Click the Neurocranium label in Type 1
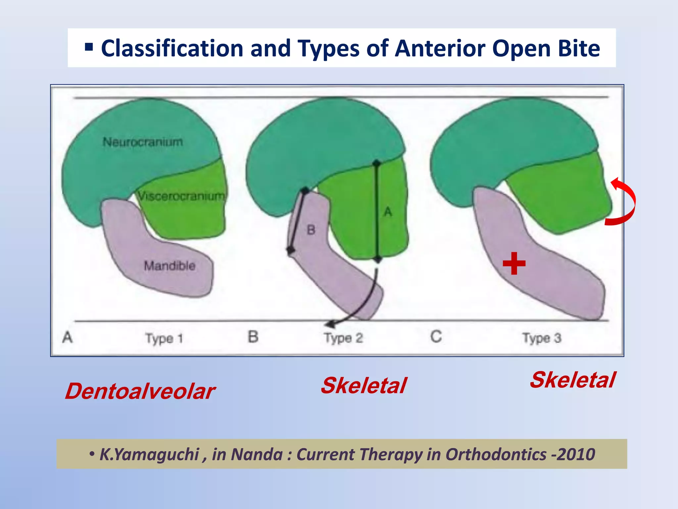143,142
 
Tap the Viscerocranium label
181,196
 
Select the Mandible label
169,266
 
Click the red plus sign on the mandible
514,264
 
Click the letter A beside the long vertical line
388,212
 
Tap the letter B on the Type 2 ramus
311,230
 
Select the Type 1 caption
164,339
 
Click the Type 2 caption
343,338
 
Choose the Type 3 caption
542,338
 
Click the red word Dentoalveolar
140,391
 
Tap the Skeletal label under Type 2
363,386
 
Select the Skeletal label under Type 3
572,380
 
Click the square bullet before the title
89,47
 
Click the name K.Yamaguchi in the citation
149,454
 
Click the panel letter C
436,337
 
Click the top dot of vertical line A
376,163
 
